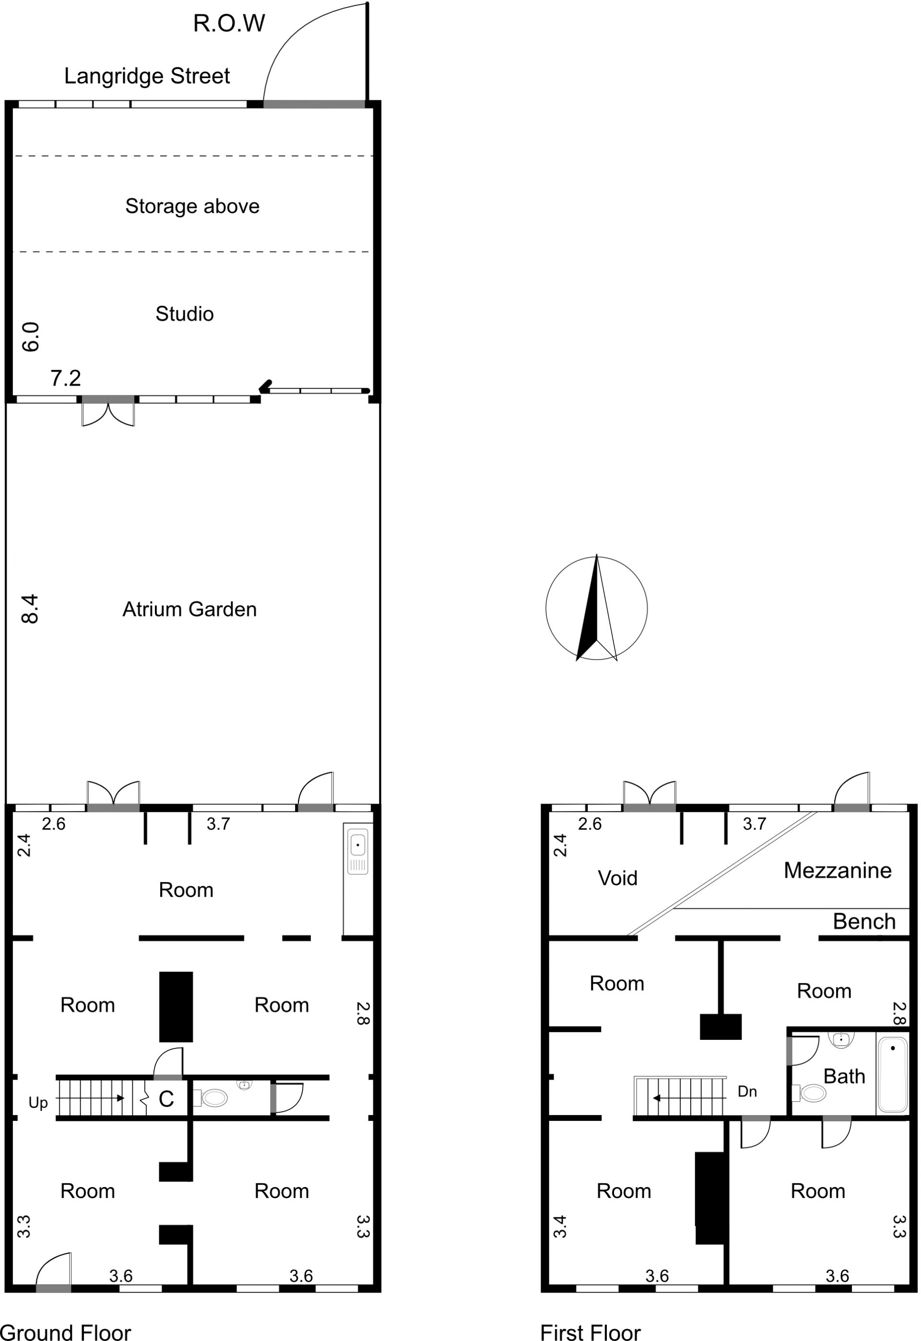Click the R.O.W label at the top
pyautogui.click(x=229, y=24)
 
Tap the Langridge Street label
pyautogui.click(x=147, y=76)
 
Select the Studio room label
pyautogui.click(x=185, y=314)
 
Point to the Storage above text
pyautogui.click(x=192, y=207)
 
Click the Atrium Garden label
pyautogui.click(x=189, y=609)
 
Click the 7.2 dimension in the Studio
pyautogui.click(x=66, y=378)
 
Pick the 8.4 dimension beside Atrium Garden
pyautogui.click(x=30, y=609)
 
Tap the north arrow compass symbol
pyautogui.click(x=597, y=608)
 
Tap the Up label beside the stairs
pyautogui.click(x=38, y=1103)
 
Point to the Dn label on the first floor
pyautogui.click(x=747, y=1092)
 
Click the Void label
pyautogui.click(x=617, y=878)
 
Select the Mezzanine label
pyautogui.click(x=838, y=870)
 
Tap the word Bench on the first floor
pyautogui.click(x=864, y=921)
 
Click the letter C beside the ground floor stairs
pyautogui.click(x=166, y=1100)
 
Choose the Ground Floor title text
pyautogui.click(x=66, y=1331)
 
